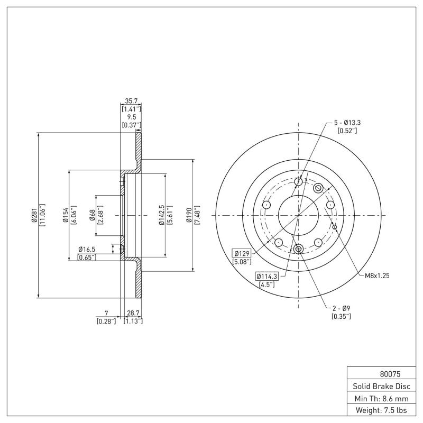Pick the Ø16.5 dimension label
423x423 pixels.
coord(86,249)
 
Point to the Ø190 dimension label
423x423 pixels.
coord(189,215)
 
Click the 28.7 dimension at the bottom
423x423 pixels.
coord(133,313)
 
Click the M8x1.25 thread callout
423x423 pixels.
coord(377,275)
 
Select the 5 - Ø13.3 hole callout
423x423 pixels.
coord(347,123)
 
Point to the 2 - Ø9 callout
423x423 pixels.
coord(341,308)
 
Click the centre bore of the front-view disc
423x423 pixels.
coord(298,215)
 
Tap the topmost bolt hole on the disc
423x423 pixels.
coord(298,182)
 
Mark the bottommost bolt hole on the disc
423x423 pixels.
coord(298,249)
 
